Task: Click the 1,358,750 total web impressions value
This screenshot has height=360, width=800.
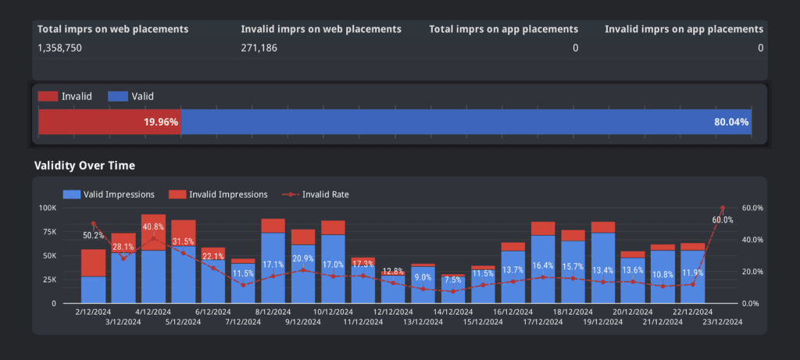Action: pyautogui.click(x=59, y=48)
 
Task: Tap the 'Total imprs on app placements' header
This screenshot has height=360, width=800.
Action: pyautogui.click(x=504, y=29)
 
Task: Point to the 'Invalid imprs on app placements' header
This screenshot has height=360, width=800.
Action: pyautogui.click(x=684, y=29)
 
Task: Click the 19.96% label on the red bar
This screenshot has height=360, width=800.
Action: pyautogui.click(x=161, y=122)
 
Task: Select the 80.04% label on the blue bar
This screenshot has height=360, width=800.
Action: pyautogui.click(x=731, y=122)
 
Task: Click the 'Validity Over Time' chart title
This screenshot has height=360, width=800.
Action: pyautogui.click(x=84, y=166)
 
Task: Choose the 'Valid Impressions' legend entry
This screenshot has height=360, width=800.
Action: pyautogui.click(x=119, y=194)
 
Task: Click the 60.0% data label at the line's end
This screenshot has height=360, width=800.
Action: pyautogui.click(x=723, y=220)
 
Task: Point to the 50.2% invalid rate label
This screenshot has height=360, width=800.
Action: pyautogui.click(x=94, y=234)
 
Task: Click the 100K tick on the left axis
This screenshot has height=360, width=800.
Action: pyautogui.click(x=47, y=208)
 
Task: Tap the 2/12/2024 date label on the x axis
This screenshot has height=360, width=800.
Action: pyautogui.click(x=93, y=310)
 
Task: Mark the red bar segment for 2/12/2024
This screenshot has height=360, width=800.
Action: pyautogui.click(x=93, y=262)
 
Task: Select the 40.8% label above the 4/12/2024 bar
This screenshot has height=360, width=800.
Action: pyautogui.click(x=153, y=227)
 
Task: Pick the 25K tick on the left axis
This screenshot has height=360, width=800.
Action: pyautogui.click(x=48, y=279)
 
